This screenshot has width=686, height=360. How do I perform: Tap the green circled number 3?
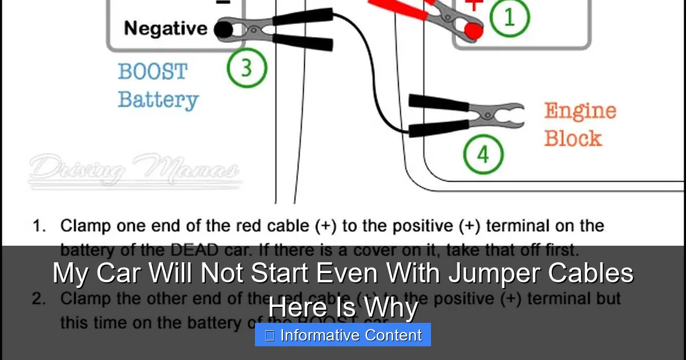[247, 67]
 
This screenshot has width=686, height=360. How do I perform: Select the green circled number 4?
[483, 154]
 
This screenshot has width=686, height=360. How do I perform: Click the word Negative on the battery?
[166, 28]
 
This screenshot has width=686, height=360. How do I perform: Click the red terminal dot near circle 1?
[473, 31]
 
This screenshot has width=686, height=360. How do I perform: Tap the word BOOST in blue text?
[153, 72]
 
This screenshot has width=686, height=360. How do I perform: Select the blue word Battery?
[158, 99]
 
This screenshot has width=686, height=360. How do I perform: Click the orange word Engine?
[580, 111]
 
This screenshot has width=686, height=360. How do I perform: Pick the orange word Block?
[572, 138]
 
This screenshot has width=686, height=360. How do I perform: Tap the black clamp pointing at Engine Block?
[466, 117]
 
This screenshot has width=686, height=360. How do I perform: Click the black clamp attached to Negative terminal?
[274, 31]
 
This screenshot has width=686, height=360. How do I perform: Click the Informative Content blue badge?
[343, 335]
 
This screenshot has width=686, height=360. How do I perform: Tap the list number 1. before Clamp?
[39, 226]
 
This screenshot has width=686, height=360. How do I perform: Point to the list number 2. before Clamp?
[39, 299]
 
